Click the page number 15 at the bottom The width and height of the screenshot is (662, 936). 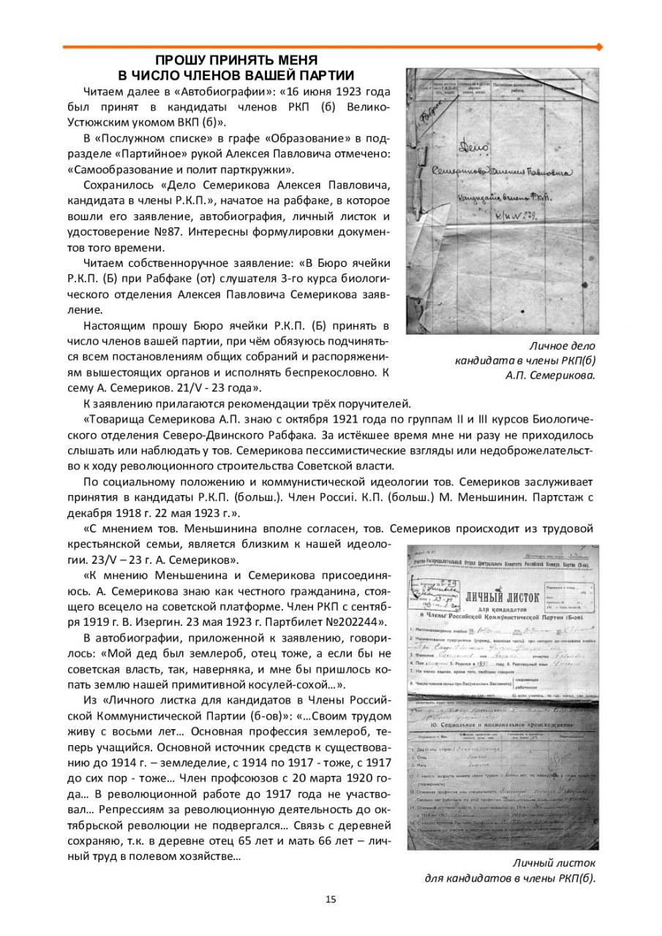click(331, 899)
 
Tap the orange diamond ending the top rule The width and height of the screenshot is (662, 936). click(600, 47)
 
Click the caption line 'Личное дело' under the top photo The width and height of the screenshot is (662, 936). click(561, 346)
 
